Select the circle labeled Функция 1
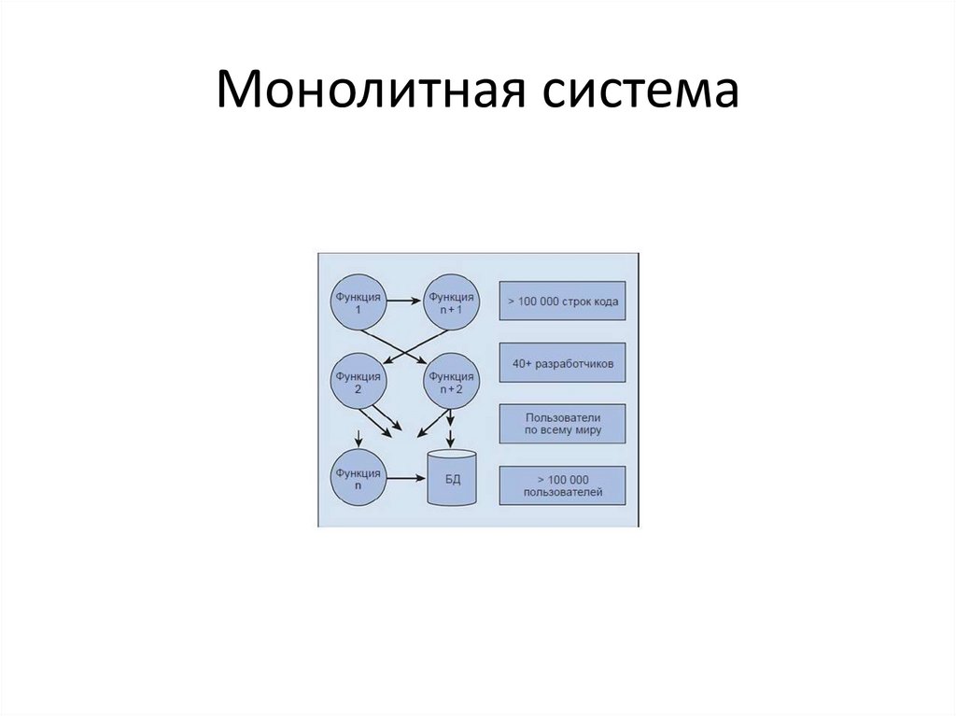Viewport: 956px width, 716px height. (x=358, y=301)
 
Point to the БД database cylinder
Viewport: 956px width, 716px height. (x=451, y=478)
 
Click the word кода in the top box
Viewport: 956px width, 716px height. (x=604, y=302)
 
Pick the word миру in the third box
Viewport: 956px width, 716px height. (x=588, y=431)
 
